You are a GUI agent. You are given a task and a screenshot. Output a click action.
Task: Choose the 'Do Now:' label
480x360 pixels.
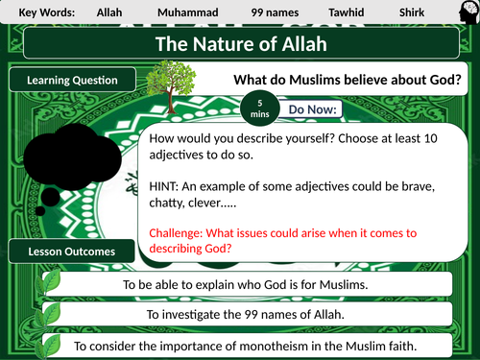312,109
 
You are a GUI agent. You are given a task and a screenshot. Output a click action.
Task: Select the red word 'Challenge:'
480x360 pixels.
178,232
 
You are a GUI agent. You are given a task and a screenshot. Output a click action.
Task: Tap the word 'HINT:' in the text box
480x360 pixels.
167,185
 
